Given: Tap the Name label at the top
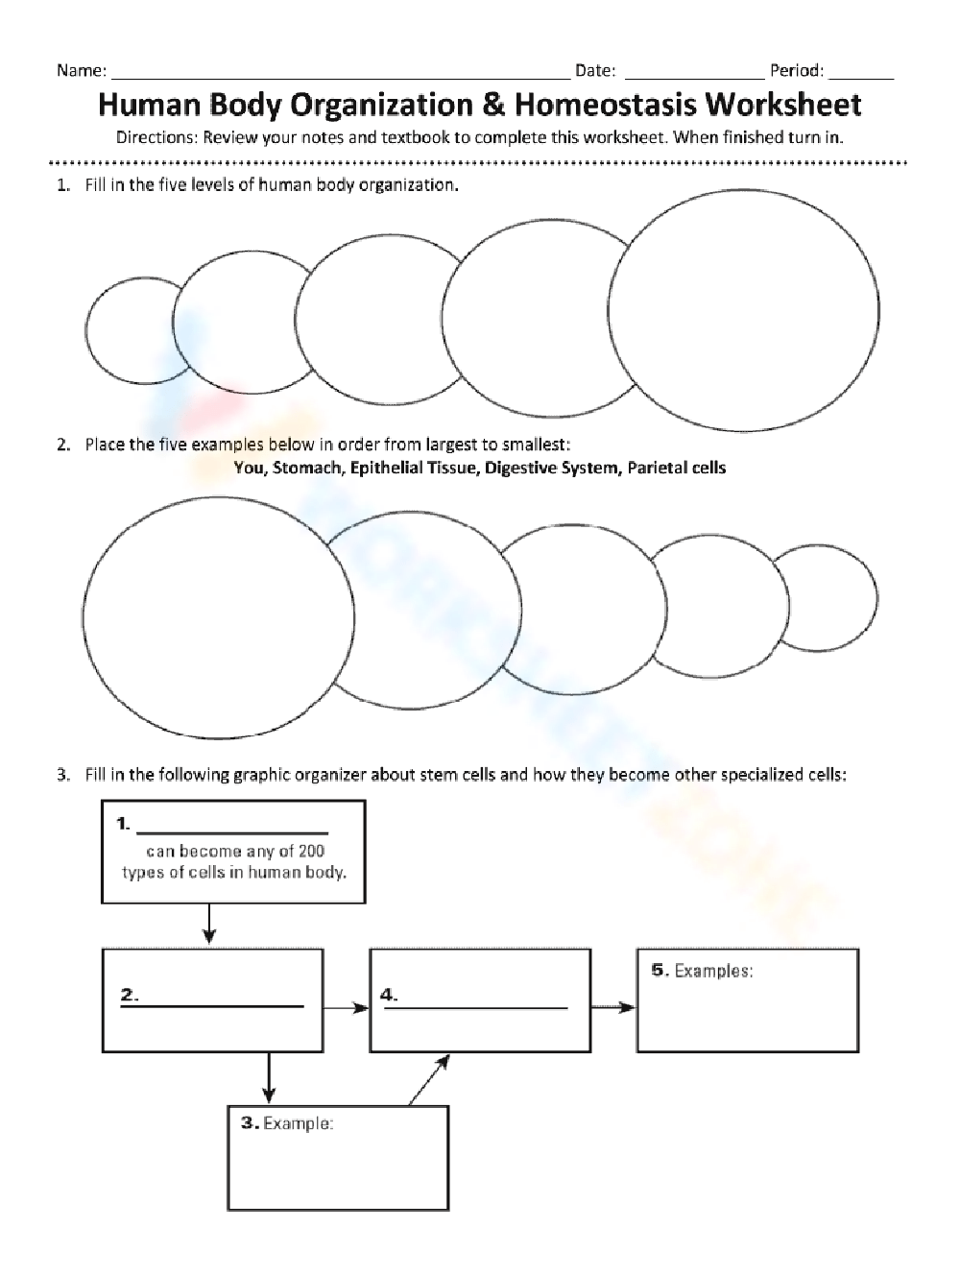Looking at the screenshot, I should coord(81,70).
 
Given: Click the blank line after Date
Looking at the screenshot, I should coord(695,75).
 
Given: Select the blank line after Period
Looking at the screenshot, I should coord(861,75).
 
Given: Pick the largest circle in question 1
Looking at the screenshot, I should coord(744,309).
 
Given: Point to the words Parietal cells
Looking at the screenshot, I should coord(677,469).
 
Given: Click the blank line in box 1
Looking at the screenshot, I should coord(232,832).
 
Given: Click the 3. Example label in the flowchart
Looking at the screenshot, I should coord(287,1123).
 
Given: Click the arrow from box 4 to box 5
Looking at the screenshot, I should coord(612,1007).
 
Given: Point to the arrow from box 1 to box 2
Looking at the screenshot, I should coord(209,926).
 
